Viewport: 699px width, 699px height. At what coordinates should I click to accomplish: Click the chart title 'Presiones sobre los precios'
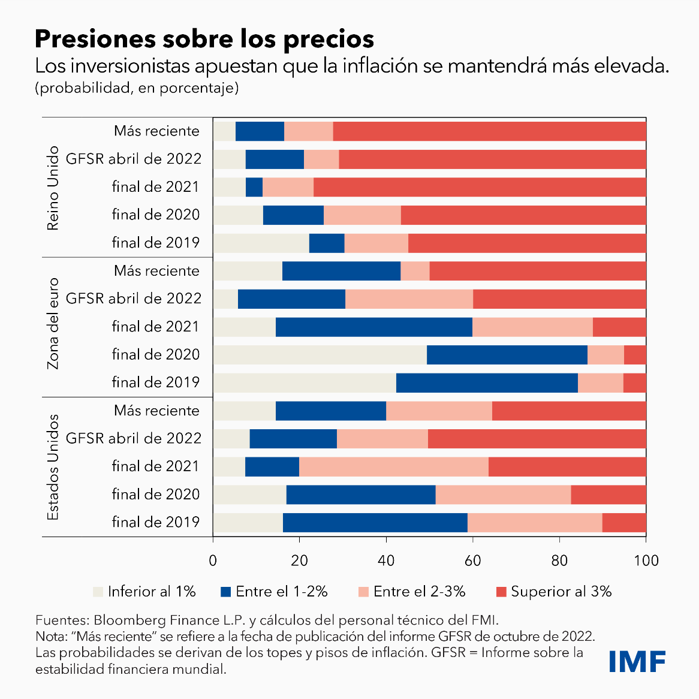pos(204,39)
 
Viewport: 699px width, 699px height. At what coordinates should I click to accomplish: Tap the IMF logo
pos(637,661)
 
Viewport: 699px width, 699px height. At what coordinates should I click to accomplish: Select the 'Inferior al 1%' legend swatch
pos(98,592)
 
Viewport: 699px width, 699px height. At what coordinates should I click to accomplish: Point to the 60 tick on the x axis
pos(473,561)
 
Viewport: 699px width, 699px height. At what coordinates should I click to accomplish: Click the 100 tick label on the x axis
pos(646,561)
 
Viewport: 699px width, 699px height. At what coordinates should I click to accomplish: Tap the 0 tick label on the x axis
pos(213,561)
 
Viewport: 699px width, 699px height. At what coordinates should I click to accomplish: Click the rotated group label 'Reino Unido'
pos(53,188)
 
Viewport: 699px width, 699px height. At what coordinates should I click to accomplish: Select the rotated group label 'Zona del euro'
pos(53,324)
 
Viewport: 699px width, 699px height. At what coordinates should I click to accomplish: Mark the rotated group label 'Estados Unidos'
pos(53,466)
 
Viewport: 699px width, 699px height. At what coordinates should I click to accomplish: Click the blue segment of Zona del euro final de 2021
pos(373,327)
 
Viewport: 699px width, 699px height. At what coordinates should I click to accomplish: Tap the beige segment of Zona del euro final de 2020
pos(320,355)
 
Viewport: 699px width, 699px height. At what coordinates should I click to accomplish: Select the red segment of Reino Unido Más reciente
pos(489,131)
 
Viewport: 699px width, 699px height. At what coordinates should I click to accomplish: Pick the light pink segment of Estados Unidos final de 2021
pos(393,466)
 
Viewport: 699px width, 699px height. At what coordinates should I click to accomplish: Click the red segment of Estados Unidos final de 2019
pos(624,523)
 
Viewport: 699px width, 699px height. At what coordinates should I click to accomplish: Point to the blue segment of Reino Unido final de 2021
pos(254,187)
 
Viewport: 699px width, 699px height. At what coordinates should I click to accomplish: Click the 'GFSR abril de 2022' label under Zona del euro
pos(133,299)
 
